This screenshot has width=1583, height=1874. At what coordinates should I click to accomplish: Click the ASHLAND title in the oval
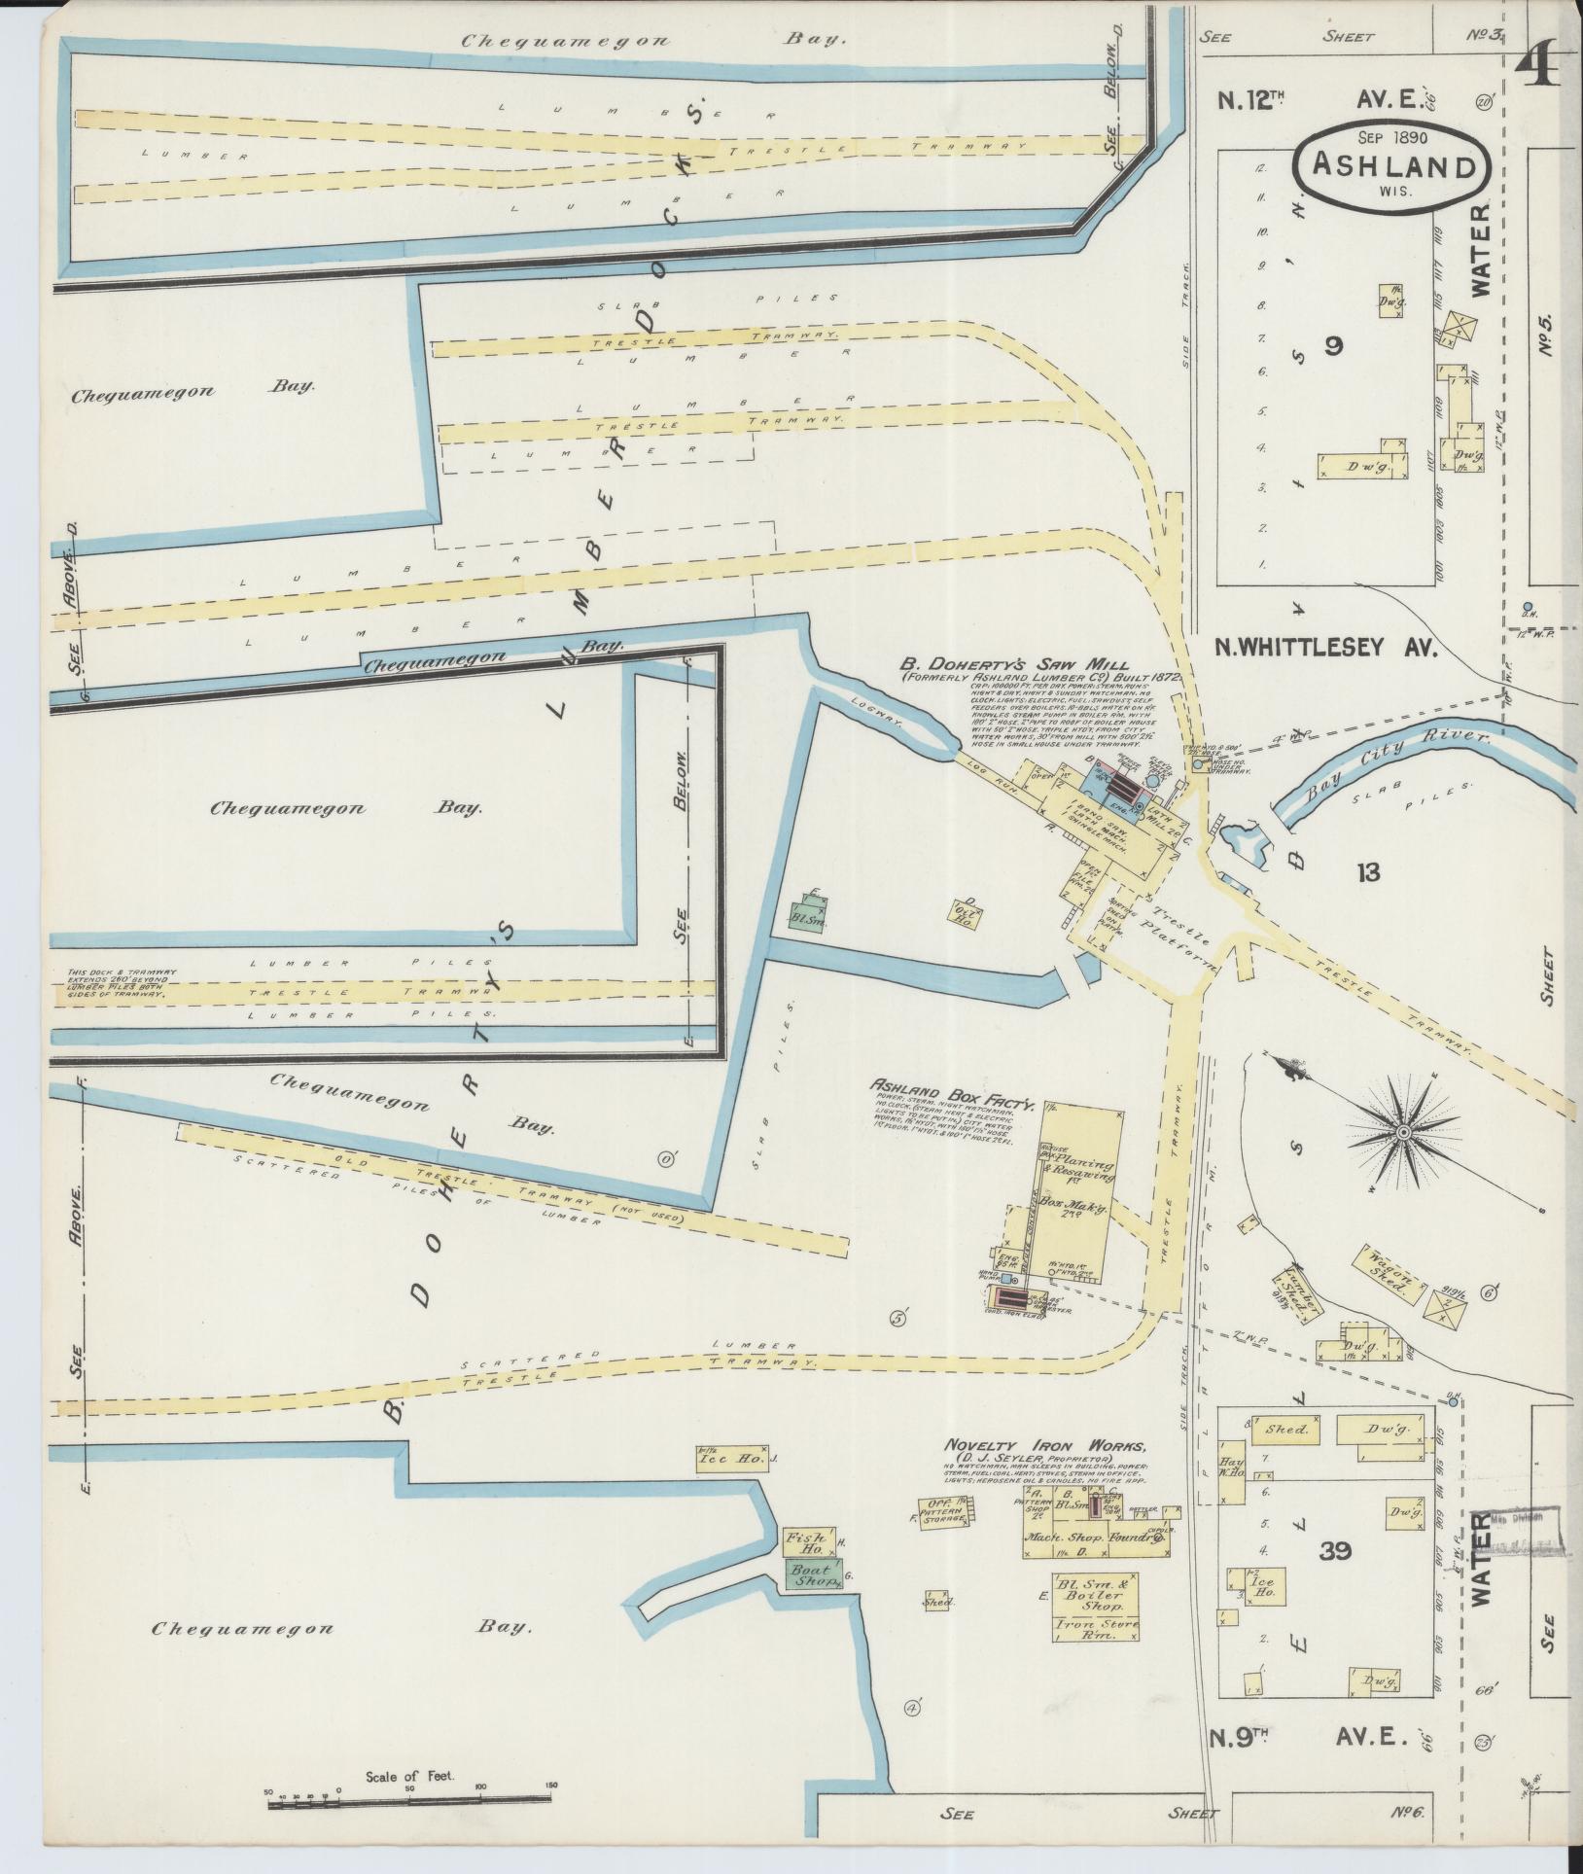(1391, 165)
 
